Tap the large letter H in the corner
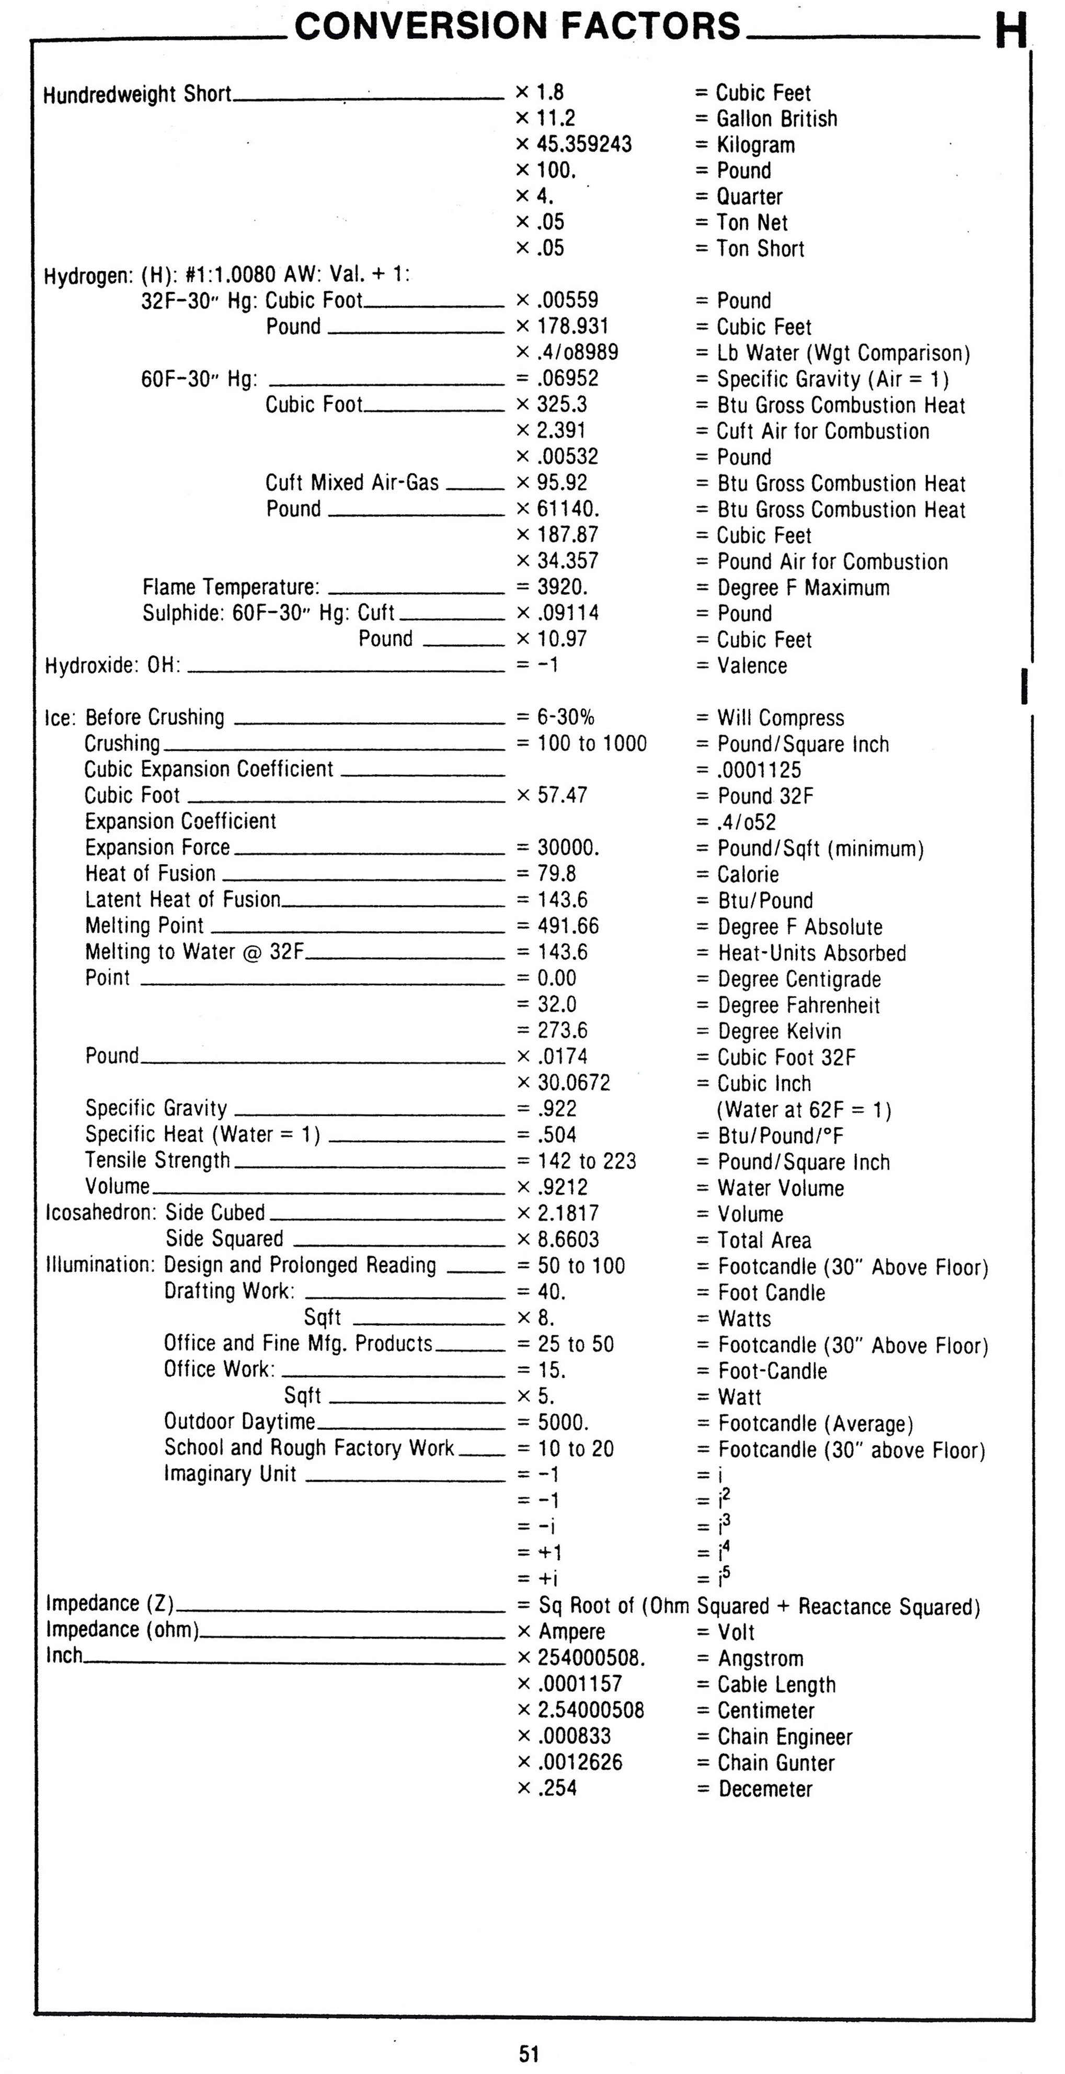[x=1011, y=32]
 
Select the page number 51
[x=529, y=2053]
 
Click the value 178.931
[x=572, y=326]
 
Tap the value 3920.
[x=563, y=587]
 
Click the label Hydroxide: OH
[x=113, y=666]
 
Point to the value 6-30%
[x=566, y=717]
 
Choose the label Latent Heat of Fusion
[x=183, y=899]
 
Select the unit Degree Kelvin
[x=779, y=1032]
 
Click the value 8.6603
[x=568, y=1239]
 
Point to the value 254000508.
[x=591, y=1658]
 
